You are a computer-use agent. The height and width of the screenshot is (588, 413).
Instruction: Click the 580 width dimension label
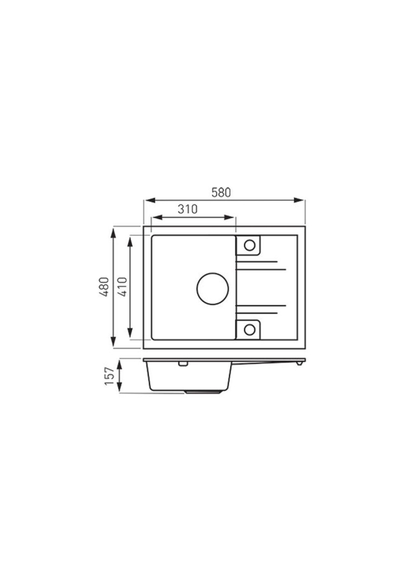click(x=221, y=192)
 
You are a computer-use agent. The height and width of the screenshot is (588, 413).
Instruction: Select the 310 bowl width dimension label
click(x=187, y=209)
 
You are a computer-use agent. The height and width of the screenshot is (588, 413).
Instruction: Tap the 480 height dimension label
click(x=104, y=287)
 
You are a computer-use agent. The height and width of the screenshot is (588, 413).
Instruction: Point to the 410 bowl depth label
click(x=122, y=287)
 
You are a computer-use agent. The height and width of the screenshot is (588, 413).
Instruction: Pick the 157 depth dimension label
click(x=109, y=376)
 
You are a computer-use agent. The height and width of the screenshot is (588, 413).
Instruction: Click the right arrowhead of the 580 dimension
click(x=299, y=201)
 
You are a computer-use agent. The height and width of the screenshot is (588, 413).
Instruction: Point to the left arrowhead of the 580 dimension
click(x=149, y=201)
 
